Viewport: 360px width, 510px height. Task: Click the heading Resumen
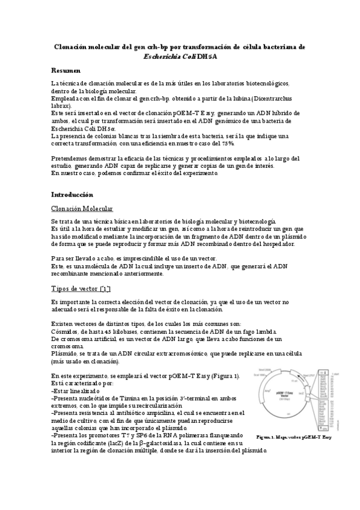pos(66,71)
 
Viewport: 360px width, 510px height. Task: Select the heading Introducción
pos(72,195)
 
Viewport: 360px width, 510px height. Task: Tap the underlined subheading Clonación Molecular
pos(82,209)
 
